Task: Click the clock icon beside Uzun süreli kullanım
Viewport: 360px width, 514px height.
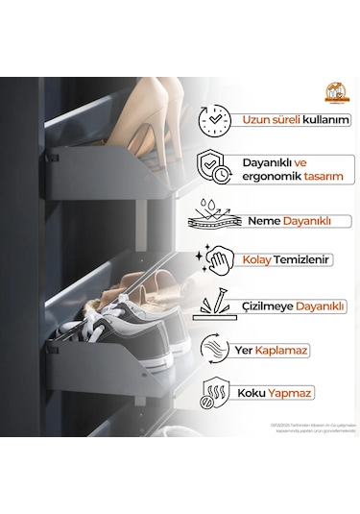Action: point(213,121)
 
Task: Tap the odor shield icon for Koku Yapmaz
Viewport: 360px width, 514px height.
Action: point(213,394)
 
